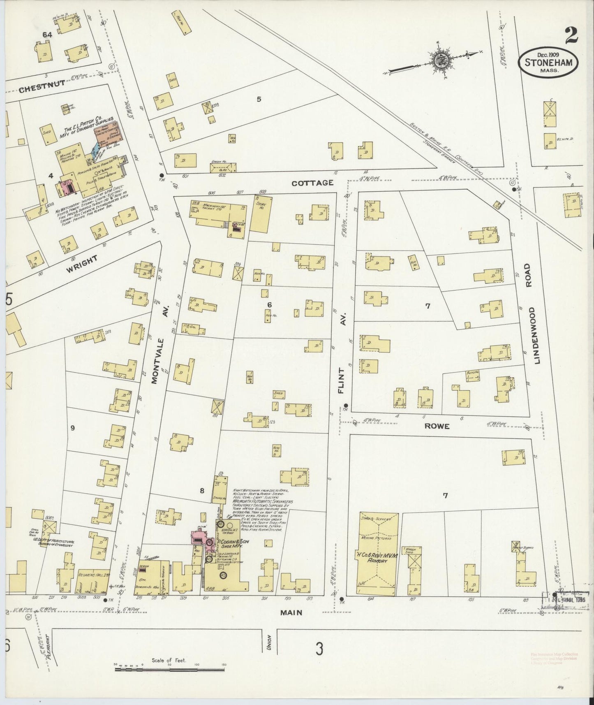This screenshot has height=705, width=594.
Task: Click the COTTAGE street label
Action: (312, 183)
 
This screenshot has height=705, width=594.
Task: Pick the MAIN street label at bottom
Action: (291, 612)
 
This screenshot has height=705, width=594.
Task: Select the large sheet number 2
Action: (571, 36)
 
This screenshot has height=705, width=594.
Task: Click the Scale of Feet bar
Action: (171, 670)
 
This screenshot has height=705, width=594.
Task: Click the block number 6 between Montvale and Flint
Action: (269, 305)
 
